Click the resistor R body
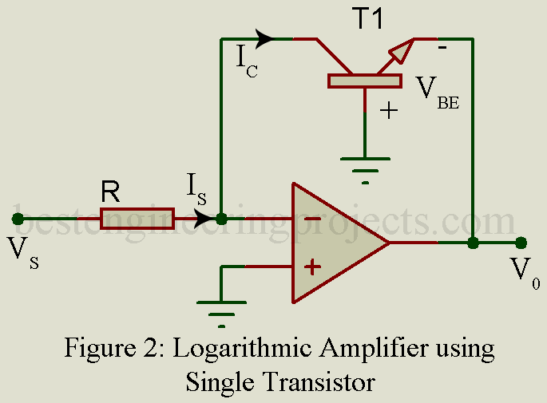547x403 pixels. coord(137,217)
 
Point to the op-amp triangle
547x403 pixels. coord(335,243)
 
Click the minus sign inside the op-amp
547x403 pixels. coord(313,219)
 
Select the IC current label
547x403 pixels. coord(244,61)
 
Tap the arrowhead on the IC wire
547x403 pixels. coord(266,38)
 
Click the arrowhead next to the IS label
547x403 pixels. coord(204,217)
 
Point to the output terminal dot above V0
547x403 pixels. coord(521,242)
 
